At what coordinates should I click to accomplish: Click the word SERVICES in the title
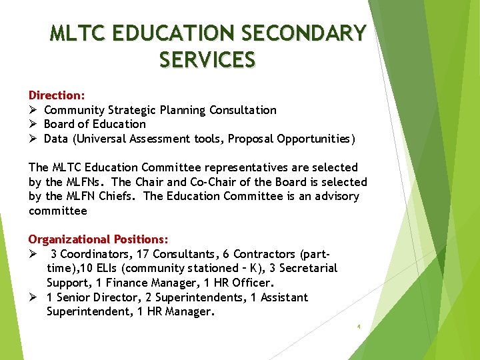[x=207, y=60]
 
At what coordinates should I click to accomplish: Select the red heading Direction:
[x=56, y=95]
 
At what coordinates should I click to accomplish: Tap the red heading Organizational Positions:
[x=98, y=239]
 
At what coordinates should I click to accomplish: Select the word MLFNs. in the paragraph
[x=89, y=182]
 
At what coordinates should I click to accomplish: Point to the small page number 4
[x=359, y=327]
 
